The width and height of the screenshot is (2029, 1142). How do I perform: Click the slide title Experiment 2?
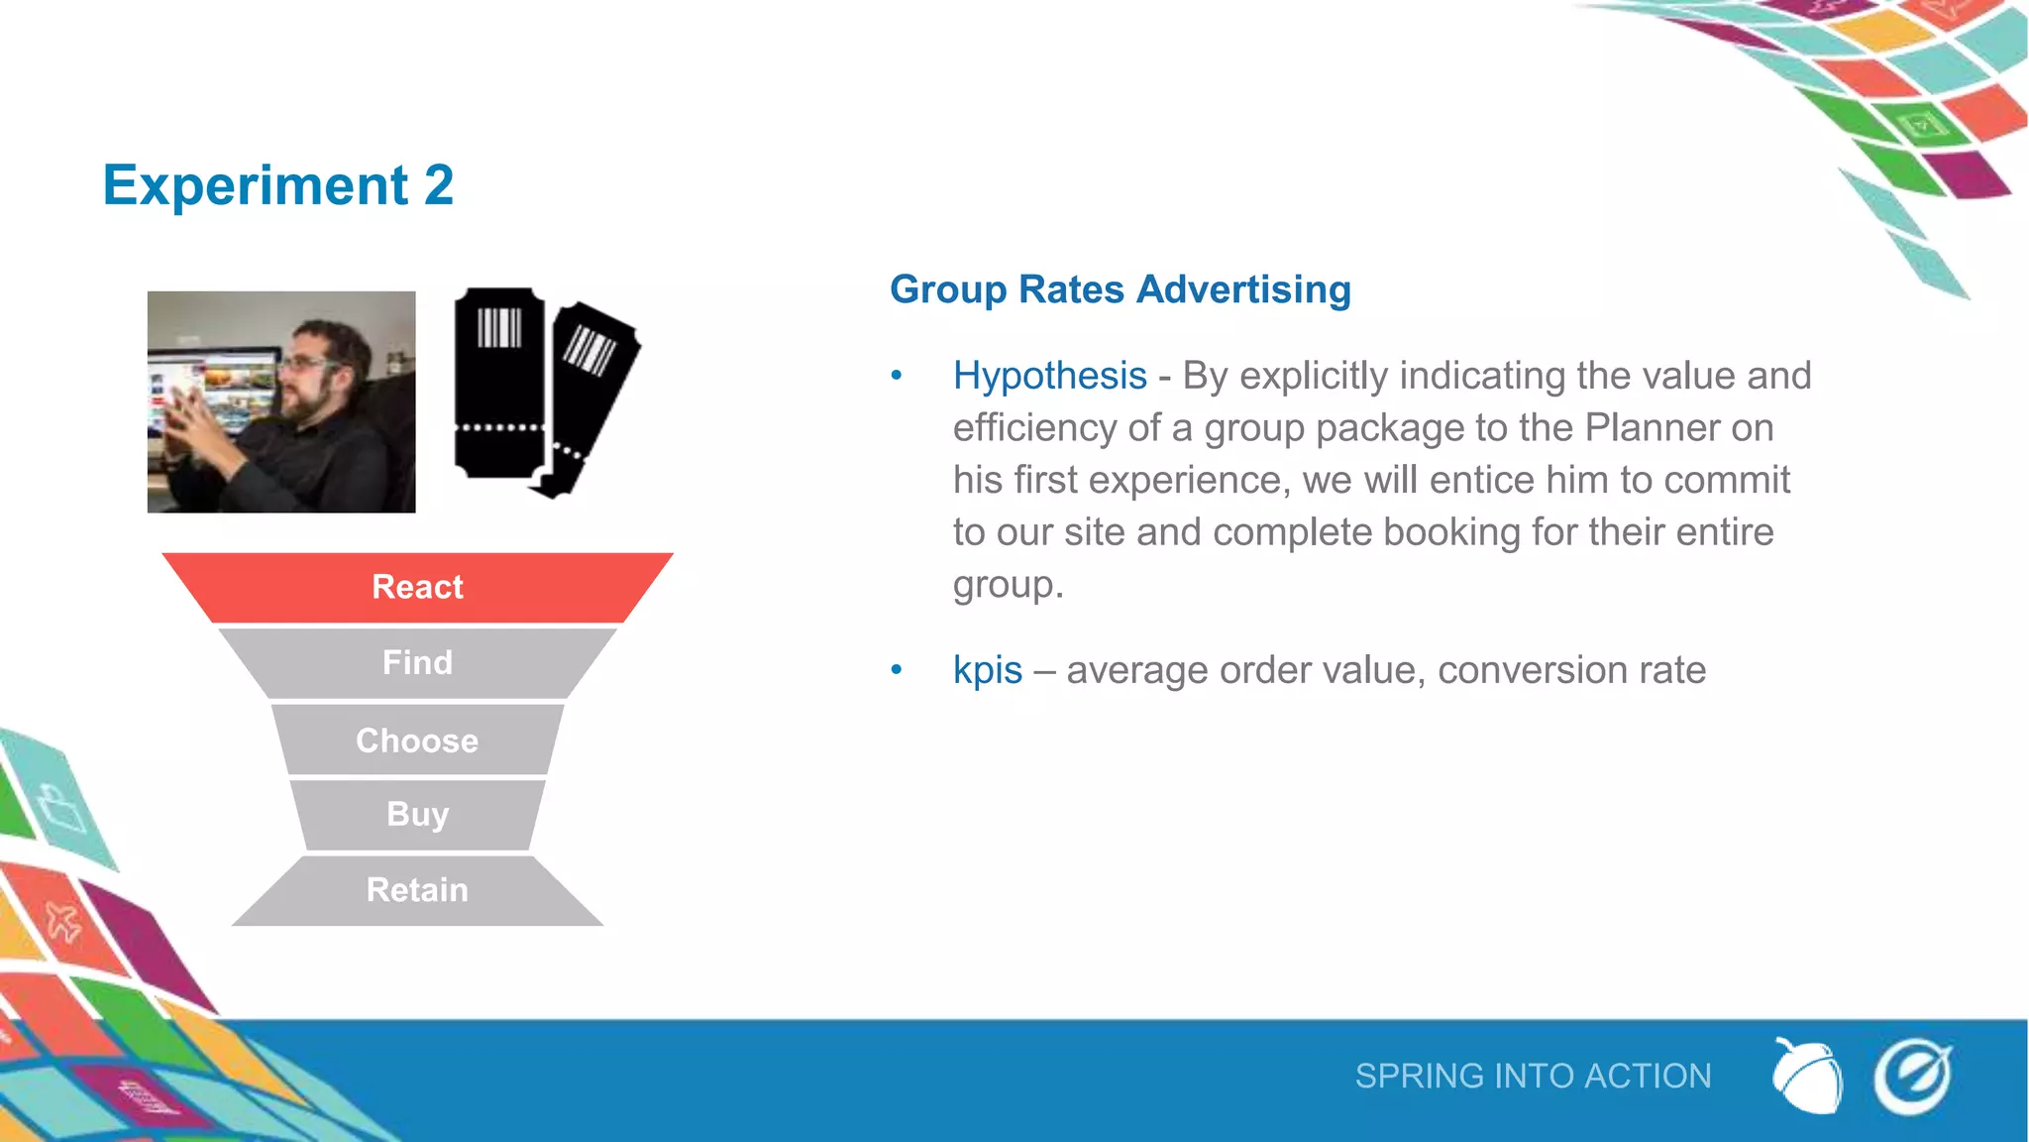277,185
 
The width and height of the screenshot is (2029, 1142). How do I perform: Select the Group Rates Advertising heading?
1120,289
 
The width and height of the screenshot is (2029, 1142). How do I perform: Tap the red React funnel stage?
417,587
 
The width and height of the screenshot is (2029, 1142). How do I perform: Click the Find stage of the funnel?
417,662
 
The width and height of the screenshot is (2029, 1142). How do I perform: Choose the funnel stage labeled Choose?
417,741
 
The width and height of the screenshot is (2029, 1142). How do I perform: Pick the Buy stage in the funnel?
417,814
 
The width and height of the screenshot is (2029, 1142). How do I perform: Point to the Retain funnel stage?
417,890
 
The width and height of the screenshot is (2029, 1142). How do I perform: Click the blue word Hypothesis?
1049,377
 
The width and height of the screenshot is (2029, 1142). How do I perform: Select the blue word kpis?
987,670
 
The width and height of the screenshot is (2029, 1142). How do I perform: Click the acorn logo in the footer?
1807,1077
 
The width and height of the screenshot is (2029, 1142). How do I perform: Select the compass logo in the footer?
1912,1077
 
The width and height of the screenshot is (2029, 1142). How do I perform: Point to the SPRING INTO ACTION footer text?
1533,1077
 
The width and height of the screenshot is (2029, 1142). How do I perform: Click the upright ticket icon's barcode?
499,328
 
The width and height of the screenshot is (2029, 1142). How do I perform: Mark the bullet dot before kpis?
897,670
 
